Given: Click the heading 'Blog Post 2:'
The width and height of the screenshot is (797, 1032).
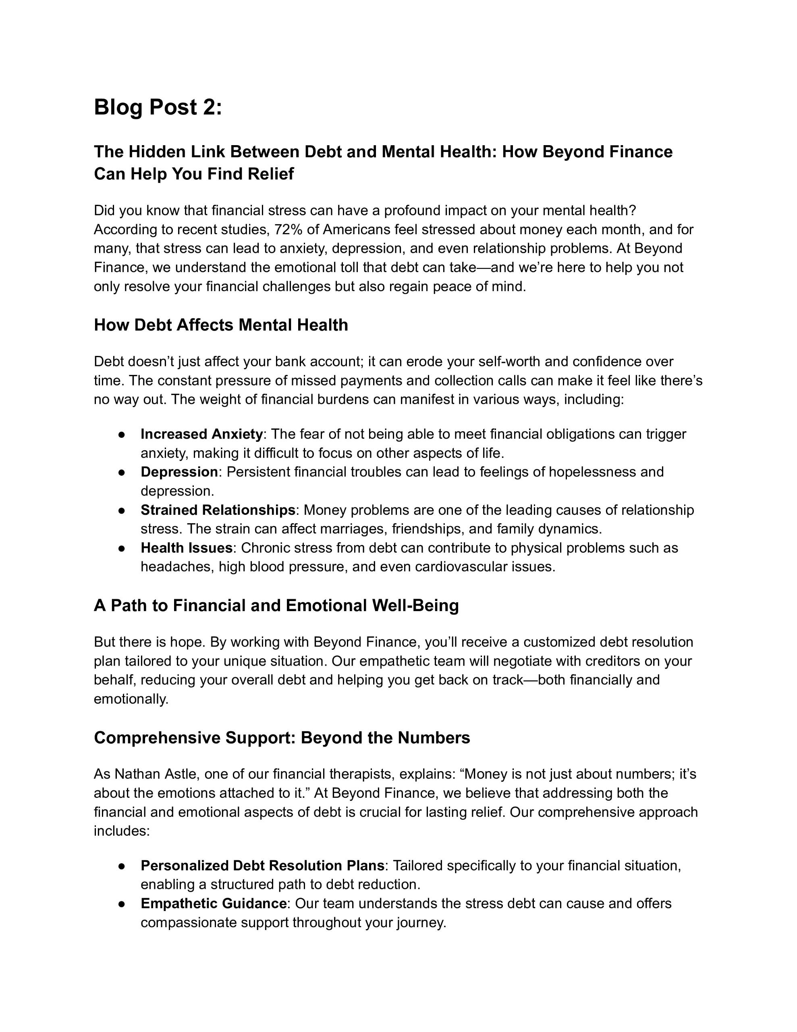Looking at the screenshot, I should pos(158,107).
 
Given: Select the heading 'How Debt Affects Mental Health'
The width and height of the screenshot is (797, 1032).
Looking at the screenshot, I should pos(221,325).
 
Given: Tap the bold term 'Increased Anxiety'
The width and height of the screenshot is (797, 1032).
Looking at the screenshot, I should pos(201,434).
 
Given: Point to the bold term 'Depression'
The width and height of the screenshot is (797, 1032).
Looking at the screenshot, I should pos(179,472).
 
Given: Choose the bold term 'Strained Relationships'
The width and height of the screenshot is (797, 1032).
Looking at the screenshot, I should pos(218,510).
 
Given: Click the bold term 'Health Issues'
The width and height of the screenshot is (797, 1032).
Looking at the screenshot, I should pos(186,548).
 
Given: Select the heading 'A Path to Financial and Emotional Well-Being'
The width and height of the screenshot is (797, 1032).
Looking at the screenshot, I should pos(276,605).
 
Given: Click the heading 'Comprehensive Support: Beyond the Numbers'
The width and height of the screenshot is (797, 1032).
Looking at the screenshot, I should pos(282,738).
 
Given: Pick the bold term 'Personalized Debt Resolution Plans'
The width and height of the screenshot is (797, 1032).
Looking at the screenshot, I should pos(262,865).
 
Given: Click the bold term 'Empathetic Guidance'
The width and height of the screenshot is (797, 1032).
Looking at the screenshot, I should pos(213,903).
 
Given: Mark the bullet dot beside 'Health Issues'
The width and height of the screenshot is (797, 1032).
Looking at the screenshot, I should pos(121,548).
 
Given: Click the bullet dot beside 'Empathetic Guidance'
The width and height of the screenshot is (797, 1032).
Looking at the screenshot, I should pos(121,903).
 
